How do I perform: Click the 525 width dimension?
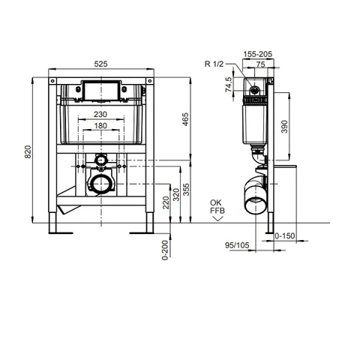click(x=100, y=64)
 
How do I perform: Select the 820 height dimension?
click(x=28, y=151)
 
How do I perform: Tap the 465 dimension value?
click(x=185, y=119)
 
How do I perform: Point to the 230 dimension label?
click(x=100, y=115)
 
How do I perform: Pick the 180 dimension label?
click(x=100, y=126)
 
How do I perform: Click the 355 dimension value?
click(x=186, y=190)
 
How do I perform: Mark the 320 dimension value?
click(x=176, y=195)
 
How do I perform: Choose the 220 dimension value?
click(x=166, y=202)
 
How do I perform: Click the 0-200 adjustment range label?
click(x=165, y=250)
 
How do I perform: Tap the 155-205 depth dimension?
click(x=258, y=54)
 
